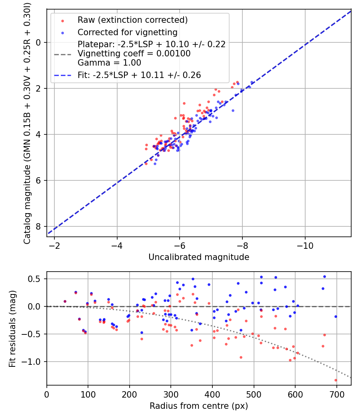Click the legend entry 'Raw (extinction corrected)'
coord(132,20)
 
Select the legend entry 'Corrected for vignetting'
coord(128,32)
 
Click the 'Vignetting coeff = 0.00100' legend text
coord(134,53)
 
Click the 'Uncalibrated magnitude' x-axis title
coord(199,257)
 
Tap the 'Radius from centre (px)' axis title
coord(199,406)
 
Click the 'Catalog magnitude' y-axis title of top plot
coord(27,122)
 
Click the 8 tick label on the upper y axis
coord(39,226)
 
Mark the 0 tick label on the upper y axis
coord(39,42)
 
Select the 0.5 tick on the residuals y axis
coord(36,279)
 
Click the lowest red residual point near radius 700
coord(336,380)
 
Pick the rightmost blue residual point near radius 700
coord(336,316)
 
